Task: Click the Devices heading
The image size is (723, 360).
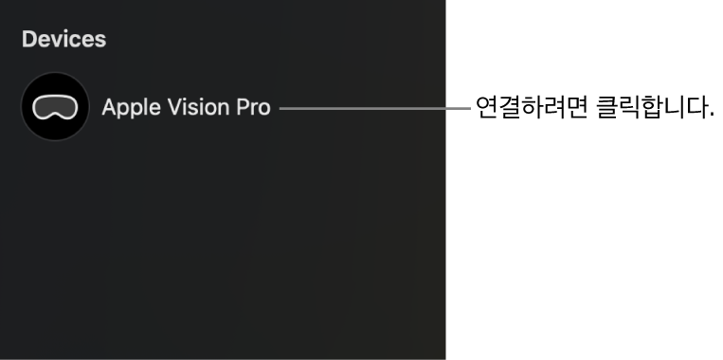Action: (63, 40)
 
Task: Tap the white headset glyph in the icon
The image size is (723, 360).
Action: (55, 107)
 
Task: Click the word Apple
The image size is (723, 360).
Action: (129, 108)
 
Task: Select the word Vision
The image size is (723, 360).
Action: (195, 107)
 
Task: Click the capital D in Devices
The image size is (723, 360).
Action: (29, 40)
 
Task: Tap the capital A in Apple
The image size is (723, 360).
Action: (109, 107)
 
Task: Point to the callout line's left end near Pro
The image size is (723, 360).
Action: (281, 108)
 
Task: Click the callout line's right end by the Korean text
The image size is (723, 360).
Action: (469, 108)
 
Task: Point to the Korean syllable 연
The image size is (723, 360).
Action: (486, 108)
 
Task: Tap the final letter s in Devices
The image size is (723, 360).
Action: (100, 41)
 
